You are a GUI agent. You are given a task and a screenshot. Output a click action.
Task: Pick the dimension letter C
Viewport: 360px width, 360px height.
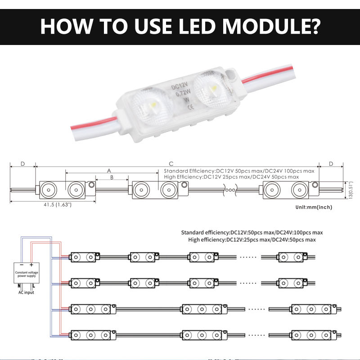coord(171,163)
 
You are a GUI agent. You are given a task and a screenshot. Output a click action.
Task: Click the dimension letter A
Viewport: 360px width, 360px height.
coord(108,171)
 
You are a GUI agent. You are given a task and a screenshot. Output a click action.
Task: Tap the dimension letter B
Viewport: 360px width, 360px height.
coord(112,178)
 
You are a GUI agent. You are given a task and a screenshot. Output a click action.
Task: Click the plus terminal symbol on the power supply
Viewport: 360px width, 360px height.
coord(31,265)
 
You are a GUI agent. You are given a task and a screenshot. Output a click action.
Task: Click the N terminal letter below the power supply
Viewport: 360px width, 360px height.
coord(19,285)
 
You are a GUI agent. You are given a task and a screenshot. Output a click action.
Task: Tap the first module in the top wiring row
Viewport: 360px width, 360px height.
coord(85,256)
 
